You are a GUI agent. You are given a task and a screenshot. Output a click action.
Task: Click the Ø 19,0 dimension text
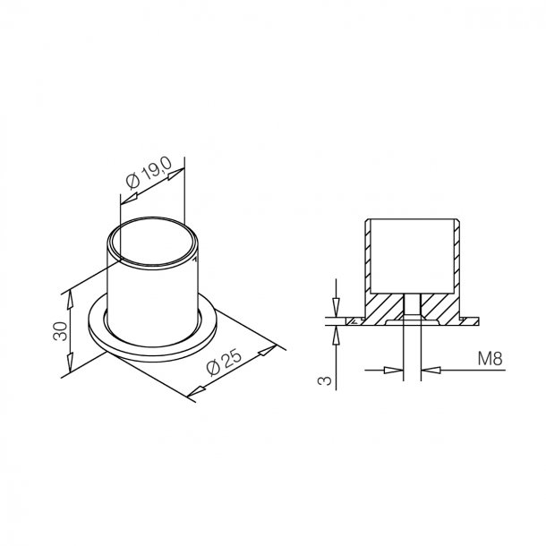tap(149, 173)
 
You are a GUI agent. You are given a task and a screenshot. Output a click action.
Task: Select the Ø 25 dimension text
tap(224, 363)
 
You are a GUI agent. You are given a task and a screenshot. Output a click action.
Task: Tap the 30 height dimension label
tap(60, 331)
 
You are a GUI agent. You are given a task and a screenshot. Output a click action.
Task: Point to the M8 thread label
tap(490, 359)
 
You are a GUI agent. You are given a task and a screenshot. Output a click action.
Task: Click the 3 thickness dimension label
tap(325, 380)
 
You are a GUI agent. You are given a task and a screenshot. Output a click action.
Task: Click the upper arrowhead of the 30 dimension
tap(70, 300)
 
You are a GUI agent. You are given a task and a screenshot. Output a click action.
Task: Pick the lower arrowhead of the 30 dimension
tap(70, 363)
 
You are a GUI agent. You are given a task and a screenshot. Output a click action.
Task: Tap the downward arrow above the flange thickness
tap(336, 307)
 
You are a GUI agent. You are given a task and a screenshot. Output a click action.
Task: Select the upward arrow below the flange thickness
tap(336, 336)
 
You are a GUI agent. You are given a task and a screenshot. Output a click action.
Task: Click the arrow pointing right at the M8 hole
tap(394, 370)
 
